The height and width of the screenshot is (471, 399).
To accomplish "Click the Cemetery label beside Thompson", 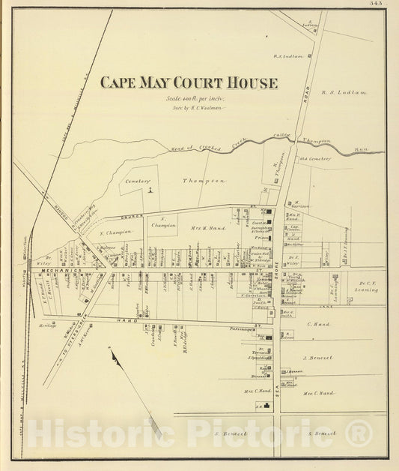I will pyautogui.click(x=138, y=181).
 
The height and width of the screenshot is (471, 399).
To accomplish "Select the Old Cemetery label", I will pyautogui.click(x=314, y=157).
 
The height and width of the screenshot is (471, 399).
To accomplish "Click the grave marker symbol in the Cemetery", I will pyautogui.click(x=150, y=190).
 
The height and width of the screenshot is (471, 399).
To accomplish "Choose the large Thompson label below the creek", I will pyautogui.click(x=204, y=181).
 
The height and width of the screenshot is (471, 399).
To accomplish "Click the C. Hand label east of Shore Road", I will pyautogui.click(x=319, y=324).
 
